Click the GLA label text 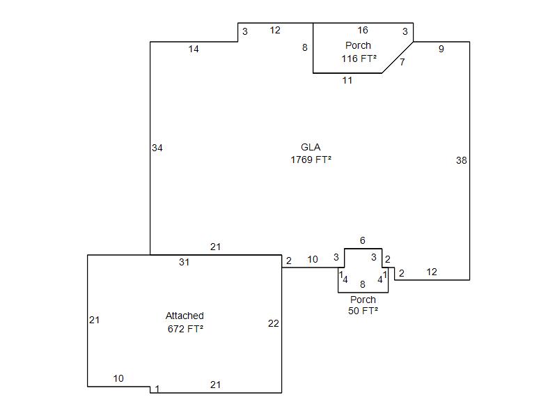coord(311,147)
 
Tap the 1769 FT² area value coord(311,160)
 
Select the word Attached coord(185,316)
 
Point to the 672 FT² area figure coord(185,329)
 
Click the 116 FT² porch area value coord(359,59)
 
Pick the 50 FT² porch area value coord(363,311)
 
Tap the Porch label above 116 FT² coord(358,45)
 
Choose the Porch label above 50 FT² coord(363,300)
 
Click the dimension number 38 coord(461,160)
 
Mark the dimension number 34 coord(157,148)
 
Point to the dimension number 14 coord(194,49)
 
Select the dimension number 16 coord(363,30)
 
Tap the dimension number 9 coord(441,49)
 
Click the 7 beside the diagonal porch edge coord(402,62)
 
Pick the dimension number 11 coord(347,80)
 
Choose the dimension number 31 coord(184,262)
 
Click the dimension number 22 coord(274,323)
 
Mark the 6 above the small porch coord(362,240)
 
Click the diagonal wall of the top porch coord(398,57)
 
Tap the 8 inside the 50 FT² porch coord(362,284)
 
